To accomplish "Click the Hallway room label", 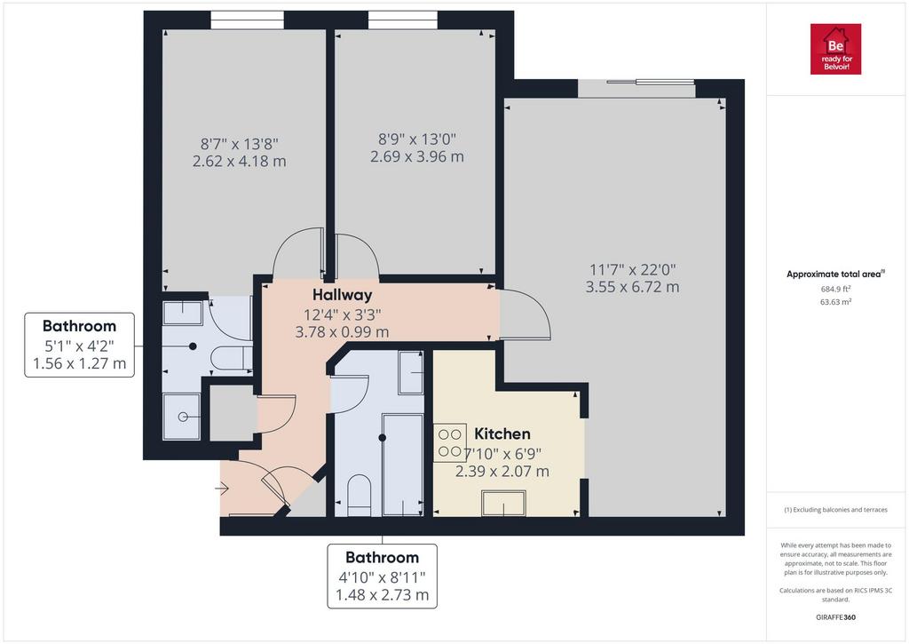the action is pos(342,295).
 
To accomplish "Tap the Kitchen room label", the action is pos(502,434).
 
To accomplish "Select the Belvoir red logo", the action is pos(835,49).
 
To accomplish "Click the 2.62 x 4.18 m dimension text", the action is pos(240,161).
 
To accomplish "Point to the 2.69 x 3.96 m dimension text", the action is pos(417,156).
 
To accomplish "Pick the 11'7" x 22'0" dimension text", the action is pos(632,269).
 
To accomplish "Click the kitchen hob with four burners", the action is pos(450,442).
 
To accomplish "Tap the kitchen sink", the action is pos(504,503).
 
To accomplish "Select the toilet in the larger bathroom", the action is pos(359,496).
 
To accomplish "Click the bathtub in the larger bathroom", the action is pos(403,465).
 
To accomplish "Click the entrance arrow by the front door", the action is pos(222,489).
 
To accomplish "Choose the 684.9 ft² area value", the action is pos(835,289).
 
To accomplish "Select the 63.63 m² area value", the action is pos(835,302).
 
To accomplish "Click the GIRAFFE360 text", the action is pos(835,617).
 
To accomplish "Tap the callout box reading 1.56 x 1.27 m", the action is pos(79,346).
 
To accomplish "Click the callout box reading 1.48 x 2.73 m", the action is pos(382,576).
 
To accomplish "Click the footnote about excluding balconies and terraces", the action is pos(835,510).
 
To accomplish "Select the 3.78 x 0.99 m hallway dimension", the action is pos(342,332).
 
